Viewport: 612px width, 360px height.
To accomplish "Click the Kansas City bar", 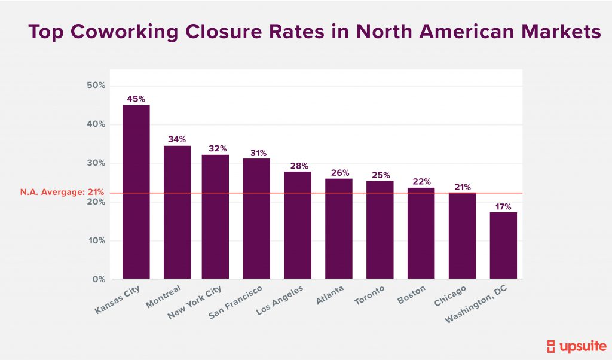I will pyautogui.click(x=136, y=191).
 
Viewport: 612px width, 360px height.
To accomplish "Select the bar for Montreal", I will pyautogui.click(x=177, y=212).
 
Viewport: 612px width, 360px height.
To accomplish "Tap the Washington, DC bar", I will pyautogui.click(x=503, y=245).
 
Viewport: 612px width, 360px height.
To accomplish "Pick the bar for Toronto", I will pyautogui.click(x=380, y=230).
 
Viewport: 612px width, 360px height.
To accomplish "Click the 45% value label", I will pyautogui.click(x=136, y=99).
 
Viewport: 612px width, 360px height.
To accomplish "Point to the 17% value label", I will pyautogui.click(x=503, y=206).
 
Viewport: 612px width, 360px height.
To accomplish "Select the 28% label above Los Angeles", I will pyautogui.click(x=298, y=165).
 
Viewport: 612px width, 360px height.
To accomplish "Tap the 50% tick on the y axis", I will pyautogui.click(x=96, y=86).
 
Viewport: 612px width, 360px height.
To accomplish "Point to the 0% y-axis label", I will pyautogui.click(x=98, y=280).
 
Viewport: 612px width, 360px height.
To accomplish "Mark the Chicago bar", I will pyautogui.click(x=462, y=236).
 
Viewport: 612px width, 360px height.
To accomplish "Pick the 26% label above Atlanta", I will pyautogui.click(x=339, y=172).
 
